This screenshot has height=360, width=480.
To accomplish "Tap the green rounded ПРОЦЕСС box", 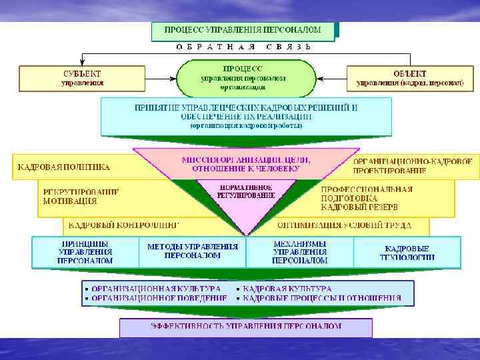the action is (243, 77).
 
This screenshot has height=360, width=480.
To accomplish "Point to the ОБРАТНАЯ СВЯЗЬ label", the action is (243, 47).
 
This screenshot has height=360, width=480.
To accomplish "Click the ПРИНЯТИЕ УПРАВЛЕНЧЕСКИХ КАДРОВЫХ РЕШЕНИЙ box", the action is (246, 115).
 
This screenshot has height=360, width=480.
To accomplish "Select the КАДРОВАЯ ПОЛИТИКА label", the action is (64, 167).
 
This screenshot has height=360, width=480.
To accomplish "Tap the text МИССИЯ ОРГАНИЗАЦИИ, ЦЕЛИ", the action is (246, 160).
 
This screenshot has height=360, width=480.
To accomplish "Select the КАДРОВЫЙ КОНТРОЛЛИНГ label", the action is (124, 225).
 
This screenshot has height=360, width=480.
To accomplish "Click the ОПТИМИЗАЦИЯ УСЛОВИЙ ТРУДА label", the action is (344, 225).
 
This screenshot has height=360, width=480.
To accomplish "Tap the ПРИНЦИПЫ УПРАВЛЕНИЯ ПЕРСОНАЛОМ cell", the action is (86, 252).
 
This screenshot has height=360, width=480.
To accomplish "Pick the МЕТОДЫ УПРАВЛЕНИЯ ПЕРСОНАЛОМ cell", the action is (193, 251).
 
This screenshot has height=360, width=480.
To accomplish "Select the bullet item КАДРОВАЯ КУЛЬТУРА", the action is (287, 288).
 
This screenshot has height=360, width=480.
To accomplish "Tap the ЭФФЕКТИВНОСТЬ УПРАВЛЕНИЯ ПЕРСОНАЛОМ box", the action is (246, 327).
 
